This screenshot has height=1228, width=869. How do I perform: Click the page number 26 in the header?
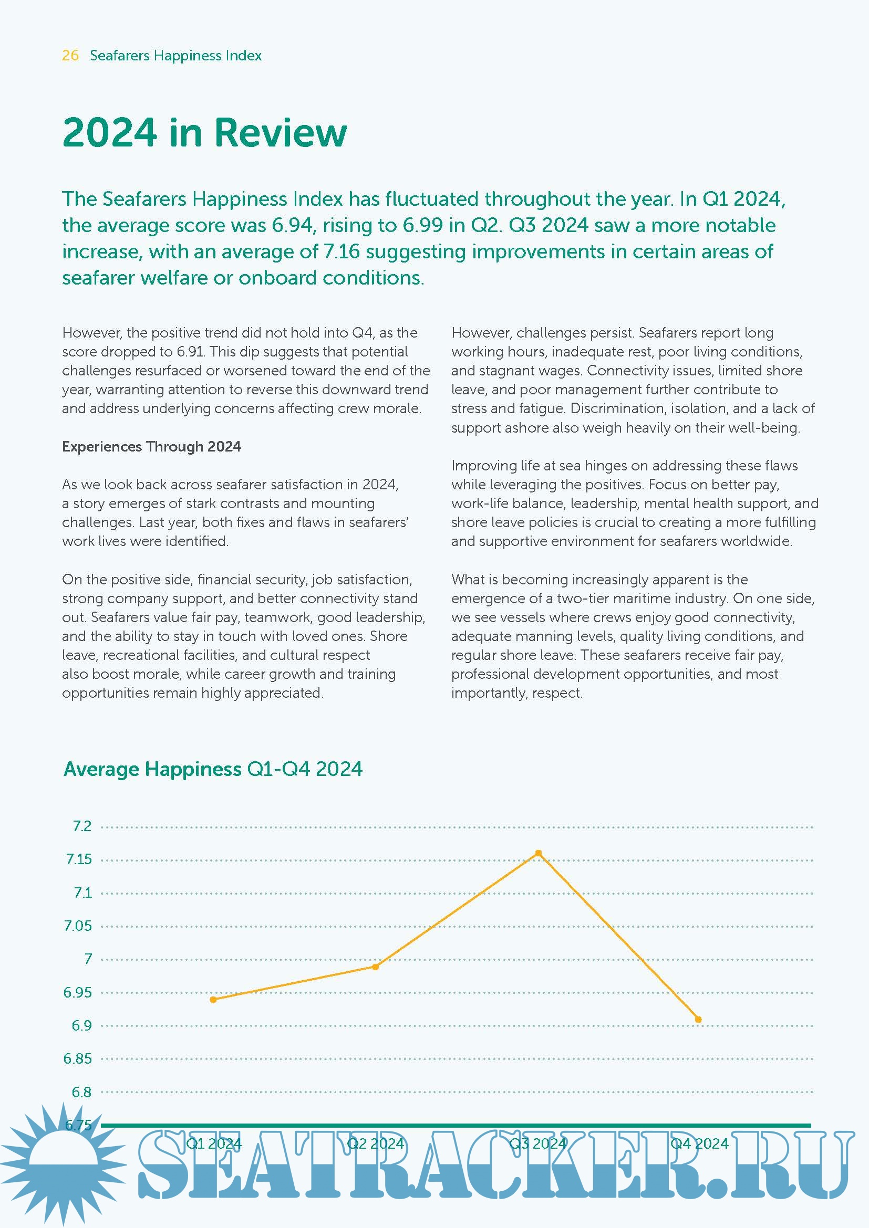[70, 56]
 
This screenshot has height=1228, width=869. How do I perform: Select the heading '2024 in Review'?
[204, 132]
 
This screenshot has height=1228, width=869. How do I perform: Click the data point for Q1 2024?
[213, 1000]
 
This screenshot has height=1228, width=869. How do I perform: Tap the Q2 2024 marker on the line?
[376, 967]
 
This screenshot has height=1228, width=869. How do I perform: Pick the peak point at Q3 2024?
[539, 853]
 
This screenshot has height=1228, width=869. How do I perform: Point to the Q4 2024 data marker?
[698, 1020]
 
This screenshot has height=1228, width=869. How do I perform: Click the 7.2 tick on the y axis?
[82, 826]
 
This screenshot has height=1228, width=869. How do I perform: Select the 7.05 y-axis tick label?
[78, 926]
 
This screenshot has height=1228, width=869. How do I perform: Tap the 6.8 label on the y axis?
[81, 1091]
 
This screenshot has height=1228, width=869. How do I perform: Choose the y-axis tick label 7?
[88, 959]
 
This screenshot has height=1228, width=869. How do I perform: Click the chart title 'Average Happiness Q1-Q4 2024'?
[213, 769]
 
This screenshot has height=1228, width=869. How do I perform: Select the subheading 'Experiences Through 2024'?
[151, 447]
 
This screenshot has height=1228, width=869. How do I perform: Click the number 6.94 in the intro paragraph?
[292, 225]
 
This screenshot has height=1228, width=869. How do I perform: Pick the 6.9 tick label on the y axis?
[81, 1025]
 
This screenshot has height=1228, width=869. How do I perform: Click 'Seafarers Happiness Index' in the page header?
[175, 56]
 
